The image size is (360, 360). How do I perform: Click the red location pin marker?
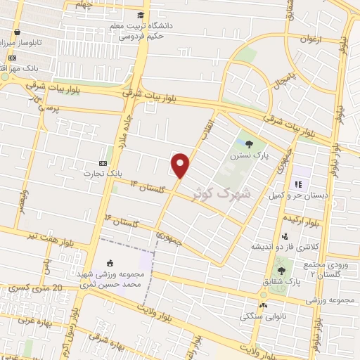(181, 165)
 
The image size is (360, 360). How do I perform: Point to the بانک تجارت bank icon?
(104, 162)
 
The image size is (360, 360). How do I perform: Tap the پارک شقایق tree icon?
(282, 270)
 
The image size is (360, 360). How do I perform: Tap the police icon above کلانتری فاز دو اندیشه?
(285, 237)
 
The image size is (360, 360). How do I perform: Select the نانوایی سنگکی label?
(262, 316)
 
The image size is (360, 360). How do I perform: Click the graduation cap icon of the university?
(142, 15)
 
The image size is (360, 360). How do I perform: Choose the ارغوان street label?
(309, 40)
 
